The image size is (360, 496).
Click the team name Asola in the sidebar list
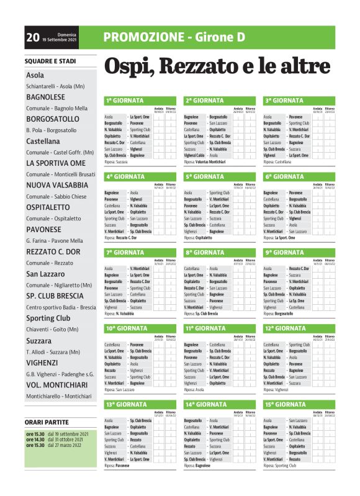pos(35,75)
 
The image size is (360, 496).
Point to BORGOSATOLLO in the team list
pos(53,119)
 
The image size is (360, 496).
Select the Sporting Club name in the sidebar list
pos(48,318)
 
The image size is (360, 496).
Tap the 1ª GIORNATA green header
pos(125,100)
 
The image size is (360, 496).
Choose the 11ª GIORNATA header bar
pos(205,328)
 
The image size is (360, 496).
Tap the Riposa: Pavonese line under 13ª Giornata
pos(117,465)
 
